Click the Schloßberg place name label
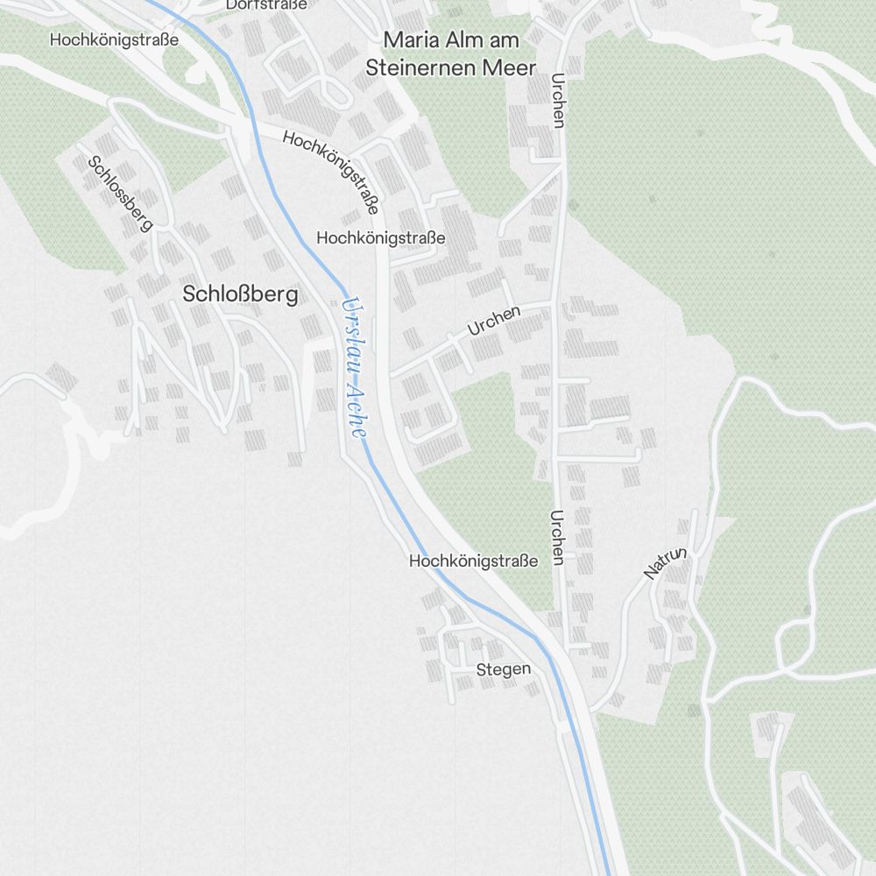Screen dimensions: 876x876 point(240,294)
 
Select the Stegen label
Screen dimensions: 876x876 point(503,669)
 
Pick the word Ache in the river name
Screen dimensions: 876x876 point(357,410)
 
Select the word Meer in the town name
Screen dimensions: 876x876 point(511,67)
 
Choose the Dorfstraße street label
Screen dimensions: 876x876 point(266,4)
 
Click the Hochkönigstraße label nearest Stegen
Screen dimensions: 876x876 point(473,561)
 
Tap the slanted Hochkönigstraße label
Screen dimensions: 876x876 point(331,173)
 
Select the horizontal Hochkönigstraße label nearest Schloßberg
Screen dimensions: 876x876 point(380,237)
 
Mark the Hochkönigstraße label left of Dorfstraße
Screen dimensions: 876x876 point(114,39)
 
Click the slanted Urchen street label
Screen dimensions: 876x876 point(494,321)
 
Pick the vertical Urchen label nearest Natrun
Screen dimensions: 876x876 point(556,537)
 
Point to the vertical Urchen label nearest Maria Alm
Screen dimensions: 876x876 point(556,101)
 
